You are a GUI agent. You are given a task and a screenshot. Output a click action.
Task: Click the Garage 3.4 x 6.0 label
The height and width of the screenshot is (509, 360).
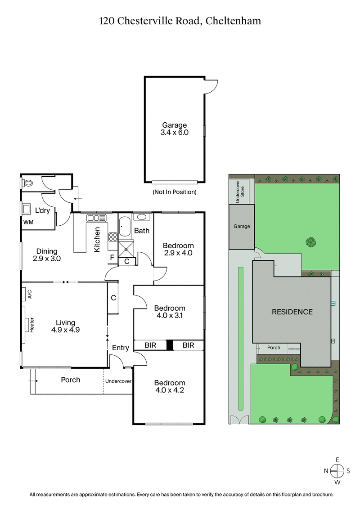pyautogui.click(x=175, y=129)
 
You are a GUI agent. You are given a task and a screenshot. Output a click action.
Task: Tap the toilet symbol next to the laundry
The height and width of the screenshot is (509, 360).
pyautogui.click(x=28, y=183)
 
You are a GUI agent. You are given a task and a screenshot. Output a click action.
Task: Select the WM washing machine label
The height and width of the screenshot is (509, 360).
pyautogui.click(x=28, y=222)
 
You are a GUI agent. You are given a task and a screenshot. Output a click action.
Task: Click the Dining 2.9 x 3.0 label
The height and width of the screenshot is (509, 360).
pyautogui.click(x=46, y=255)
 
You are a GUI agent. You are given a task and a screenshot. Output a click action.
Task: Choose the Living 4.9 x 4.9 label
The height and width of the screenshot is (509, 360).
pyautogui.click(x=66, y=326)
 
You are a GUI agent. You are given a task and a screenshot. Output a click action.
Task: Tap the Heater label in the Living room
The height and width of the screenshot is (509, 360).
pyautogui.click(x=32, y=325)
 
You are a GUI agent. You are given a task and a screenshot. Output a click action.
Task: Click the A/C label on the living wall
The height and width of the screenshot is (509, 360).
pyautogui.click(x=30, y=295)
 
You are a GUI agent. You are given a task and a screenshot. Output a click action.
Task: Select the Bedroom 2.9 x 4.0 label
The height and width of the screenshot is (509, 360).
pyautogui.click(x=178, y=249)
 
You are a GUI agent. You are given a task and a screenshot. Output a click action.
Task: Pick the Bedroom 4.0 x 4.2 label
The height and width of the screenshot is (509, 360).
pyautogui.click(x=170, y=386)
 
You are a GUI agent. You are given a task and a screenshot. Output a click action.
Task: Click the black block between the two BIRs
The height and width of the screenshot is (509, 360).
pyautogui.click(x=170, y=345)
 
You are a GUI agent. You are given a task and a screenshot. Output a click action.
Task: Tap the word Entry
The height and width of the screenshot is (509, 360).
pyautogui.click(x=121, y=348)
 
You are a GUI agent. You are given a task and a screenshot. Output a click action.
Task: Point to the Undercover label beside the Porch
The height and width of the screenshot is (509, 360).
pyautogui.click(x=118, y=381)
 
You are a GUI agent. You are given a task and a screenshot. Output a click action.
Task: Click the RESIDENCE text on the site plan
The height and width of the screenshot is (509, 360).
pyautogui.click(x=292, y=312)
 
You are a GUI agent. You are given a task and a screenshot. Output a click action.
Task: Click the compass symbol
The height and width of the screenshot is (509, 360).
pyautogui.click(x=337, y=470)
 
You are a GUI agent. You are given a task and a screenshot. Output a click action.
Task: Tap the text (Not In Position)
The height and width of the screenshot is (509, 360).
pyautogui.click(x=175, y=192)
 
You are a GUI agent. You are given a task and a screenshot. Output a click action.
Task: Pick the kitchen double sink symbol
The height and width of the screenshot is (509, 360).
pyautogui.click(x=96, y=218)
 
